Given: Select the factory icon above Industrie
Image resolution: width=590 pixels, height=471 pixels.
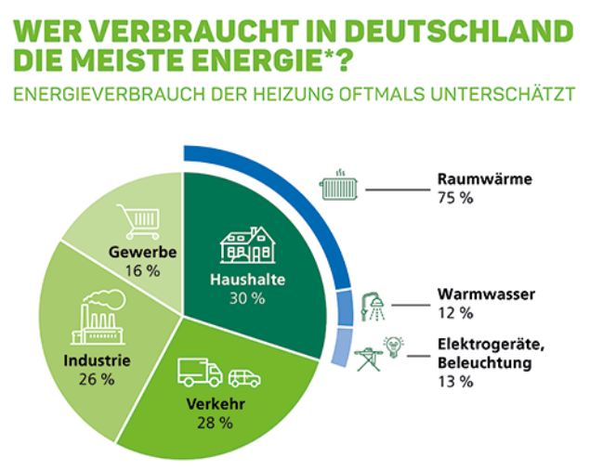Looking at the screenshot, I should tap(97, 319).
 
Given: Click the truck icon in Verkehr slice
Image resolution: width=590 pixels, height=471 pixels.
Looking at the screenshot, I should tap(200, 373).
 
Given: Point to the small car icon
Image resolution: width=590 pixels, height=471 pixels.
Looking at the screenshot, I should tap(243, 377).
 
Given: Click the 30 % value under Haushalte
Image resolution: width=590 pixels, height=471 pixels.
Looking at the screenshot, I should tap(246, 298).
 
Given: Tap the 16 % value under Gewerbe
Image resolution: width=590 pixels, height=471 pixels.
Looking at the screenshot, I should tap(141, 270).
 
